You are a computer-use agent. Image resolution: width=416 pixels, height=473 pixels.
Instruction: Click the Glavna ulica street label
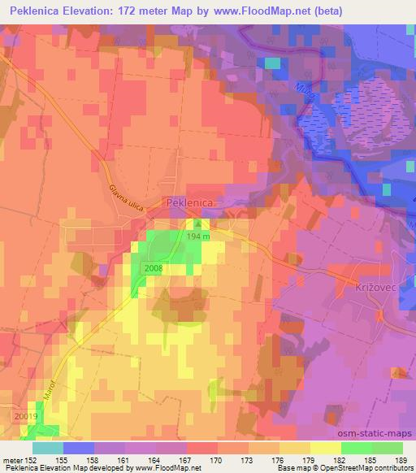point(126,197)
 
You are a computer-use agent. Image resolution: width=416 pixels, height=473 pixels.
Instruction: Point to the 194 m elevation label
point(197,236)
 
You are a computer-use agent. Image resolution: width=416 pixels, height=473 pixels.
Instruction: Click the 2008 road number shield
point(154,268)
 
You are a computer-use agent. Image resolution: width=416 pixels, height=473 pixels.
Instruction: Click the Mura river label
point(303,89)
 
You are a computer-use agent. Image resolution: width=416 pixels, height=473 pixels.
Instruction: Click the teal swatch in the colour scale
point(47,447)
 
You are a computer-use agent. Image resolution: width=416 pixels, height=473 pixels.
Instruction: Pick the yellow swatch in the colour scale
point(325,447)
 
